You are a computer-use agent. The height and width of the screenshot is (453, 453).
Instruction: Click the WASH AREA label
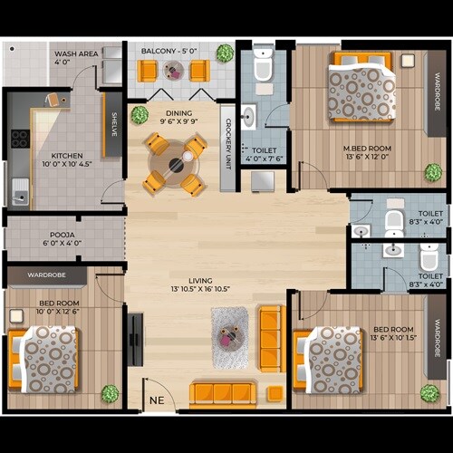coord(75,53)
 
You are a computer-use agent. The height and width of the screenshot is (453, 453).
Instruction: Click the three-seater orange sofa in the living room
coord(223,393)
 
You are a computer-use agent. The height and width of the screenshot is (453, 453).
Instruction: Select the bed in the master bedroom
coord(361,87)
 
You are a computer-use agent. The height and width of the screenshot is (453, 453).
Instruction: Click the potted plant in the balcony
coord(225,53)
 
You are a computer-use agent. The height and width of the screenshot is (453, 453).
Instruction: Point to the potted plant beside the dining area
coord(139,115)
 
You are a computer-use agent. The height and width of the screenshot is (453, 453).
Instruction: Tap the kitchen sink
coord(20,190)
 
